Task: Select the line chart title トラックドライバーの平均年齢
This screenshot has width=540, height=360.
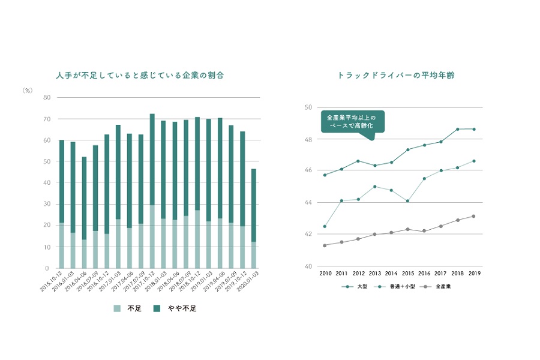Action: (400, 76)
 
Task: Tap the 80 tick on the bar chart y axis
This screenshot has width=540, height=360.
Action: (47, 97)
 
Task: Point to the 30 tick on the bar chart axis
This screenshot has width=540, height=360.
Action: (47, 204)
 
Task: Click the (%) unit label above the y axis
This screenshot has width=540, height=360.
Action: (27, 91)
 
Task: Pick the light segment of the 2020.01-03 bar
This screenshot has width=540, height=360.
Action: (254, 255)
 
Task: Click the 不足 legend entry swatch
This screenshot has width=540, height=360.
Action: (117, 308)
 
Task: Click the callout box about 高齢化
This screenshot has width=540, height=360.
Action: (352, 120)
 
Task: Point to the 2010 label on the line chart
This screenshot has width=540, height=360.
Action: (326, 273)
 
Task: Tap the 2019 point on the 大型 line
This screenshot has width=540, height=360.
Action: (474, 129)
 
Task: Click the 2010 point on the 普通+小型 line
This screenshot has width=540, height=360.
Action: (325, 226)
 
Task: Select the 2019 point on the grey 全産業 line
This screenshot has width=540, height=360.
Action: (474, 216)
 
